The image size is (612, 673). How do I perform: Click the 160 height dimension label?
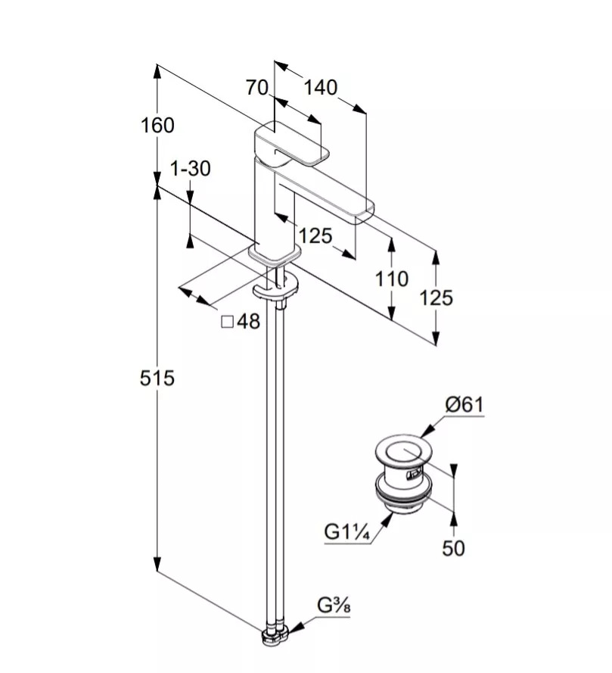click(157, 125)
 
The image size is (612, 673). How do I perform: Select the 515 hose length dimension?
click(157, 377)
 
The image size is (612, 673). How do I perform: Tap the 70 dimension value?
click(257, 88)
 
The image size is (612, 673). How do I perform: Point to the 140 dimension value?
click(320, 88)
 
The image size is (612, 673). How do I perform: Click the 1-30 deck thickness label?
click(190, 168)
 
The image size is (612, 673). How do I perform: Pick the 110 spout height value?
click(391, 279)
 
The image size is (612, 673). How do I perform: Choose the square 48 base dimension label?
click(241, 322)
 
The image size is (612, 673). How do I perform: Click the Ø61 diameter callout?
click(464, 405)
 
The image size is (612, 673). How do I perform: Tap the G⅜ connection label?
click(332, 606)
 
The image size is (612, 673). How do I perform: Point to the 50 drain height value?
click(453, 548)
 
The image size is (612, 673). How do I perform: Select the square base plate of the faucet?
click(271, 255)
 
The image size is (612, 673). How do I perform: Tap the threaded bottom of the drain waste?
click(405, 500)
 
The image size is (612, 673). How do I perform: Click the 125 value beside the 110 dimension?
click(436, 298)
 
